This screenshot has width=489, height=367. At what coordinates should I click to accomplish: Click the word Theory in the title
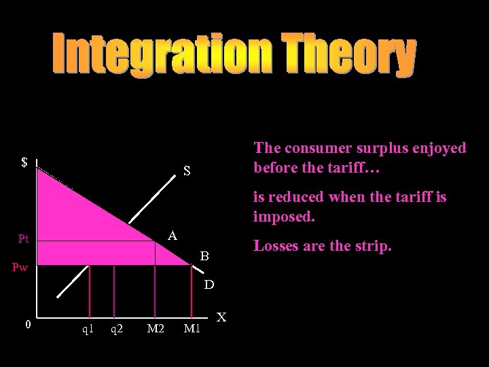click(x=344, y=56)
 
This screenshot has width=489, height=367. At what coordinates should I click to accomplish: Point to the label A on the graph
click(x=173, y=236)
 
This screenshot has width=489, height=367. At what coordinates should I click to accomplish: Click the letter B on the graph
click(x=204, y=257)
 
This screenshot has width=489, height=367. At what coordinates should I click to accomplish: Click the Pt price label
click(x=24, y=239)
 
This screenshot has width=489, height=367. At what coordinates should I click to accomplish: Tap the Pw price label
click(x=19, y=268)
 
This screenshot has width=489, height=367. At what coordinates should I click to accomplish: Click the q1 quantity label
click(x=88, y=330)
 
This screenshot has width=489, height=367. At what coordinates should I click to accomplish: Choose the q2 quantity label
click(x=117, y=330)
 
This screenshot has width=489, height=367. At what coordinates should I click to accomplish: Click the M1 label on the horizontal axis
click(x=193, y=330)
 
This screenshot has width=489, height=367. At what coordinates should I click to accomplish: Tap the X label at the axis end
click(x=222, y=317)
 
